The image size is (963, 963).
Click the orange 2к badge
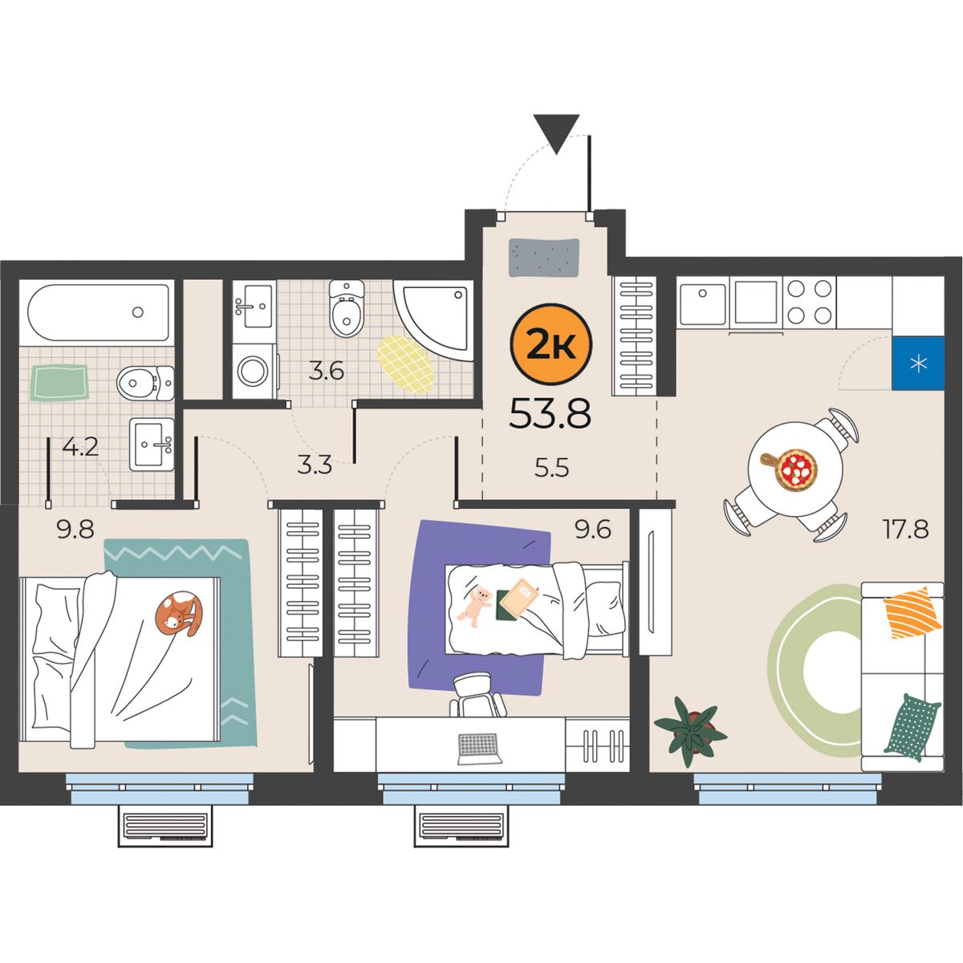pos(551,345)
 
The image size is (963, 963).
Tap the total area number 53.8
pos(550,415)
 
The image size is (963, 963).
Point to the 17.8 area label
pos(906,530)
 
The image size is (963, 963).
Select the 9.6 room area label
pos(593,529)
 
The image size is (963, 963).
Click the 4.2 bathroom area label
pos(80,447)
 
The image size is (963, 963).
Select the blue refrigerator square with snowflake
pos(918,364)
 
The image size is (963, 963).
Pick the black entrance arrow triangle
pos(556,134)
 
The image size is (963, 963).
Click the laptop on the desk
pos(480,749)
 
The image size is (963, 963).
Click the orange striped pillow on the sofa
pos(911,612)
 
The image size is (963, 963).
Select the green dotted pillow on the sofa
pos(912,727)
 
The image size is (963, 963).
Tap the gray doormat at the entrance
pos(544,258)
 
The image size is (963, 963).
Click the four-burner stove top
pos(808,302)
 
